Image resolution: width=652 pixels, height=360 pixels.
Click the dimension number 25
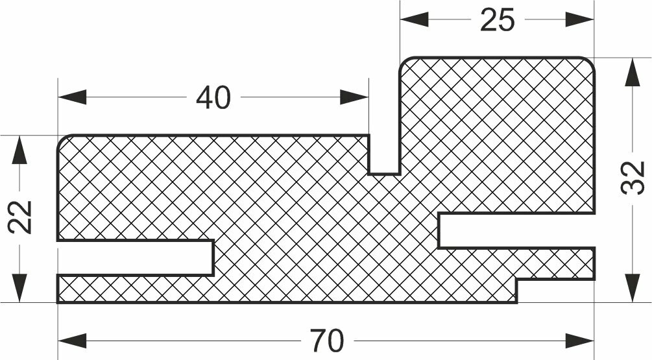tap(497, 20)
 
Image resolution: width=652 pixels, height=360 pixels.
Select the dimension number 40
tap(213, 98)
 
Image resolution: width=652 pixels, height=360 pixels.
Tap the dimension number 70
tap(326, 339)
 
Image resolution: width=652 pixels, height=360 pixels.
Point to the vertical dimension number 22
tap(20, 217)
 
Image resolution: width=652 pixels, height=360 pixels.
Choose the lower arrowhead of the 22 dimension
tap(20, 288)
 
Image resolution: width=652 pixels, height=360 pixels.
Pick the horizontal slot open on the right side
tap(516, 230)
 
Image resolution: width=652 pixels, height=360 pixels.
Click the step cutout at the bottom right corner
tap(555, 291)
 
